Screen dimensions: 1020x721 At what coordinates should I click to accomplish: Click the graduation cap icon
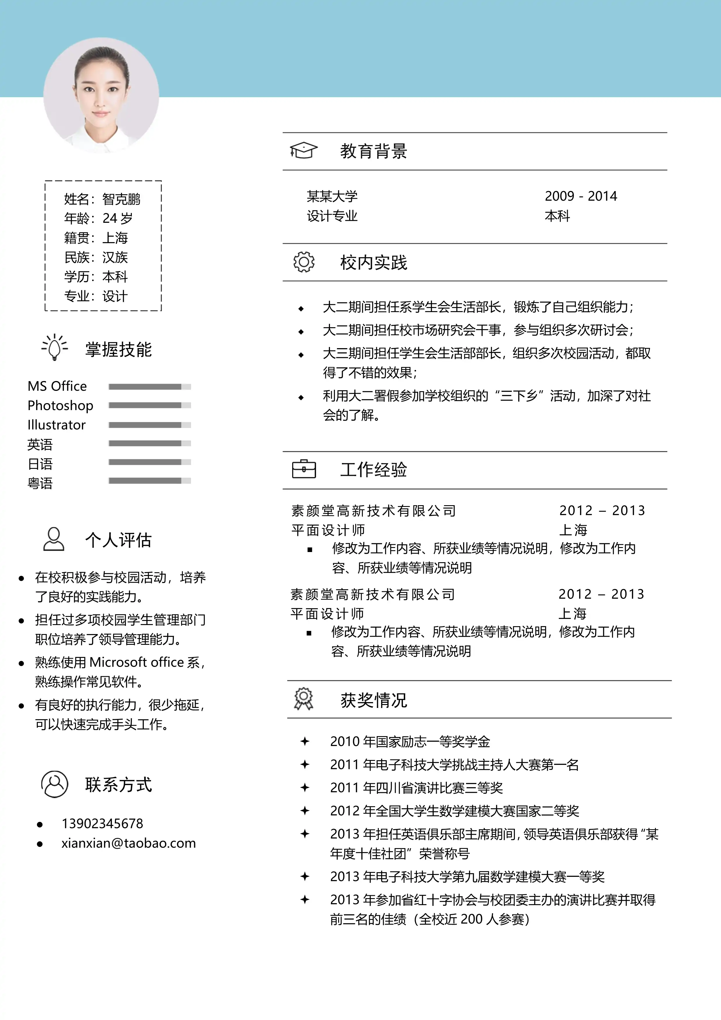point(304,151)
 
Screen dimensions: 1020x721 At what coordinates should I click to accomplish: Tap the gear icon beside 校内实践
point(304,262)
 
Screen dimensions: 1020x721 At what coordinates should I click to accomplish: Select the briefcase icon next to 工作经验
point(304,469)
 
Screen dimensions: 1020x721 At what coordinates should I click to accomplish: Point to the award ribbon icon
point(304,699)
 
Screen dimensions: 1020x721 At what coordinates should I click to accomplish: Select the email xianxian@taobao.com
point(128,843)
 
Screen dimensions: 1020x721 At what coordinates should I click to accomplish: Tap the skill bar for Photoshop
point(150,405)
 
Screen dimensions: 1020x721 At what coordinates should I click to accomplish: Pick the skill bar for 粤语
point(150,481)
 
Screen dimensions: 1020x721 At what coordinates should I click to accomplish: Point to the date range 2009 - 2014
point(581,196)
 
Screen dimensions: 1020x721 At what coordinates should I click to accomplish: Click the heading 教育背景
point(373,151)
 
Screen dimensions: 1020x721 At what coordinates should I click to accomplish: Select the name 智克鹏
point(121,199)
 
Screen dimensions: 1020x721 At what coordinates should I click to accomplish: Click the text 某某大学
point(332,196)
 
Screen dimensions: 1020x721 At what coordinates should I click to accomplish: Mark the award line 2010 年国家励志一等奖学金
point(410,741)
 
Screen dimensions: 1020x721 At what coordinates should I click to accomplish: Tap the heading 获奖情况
point(373,700)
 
